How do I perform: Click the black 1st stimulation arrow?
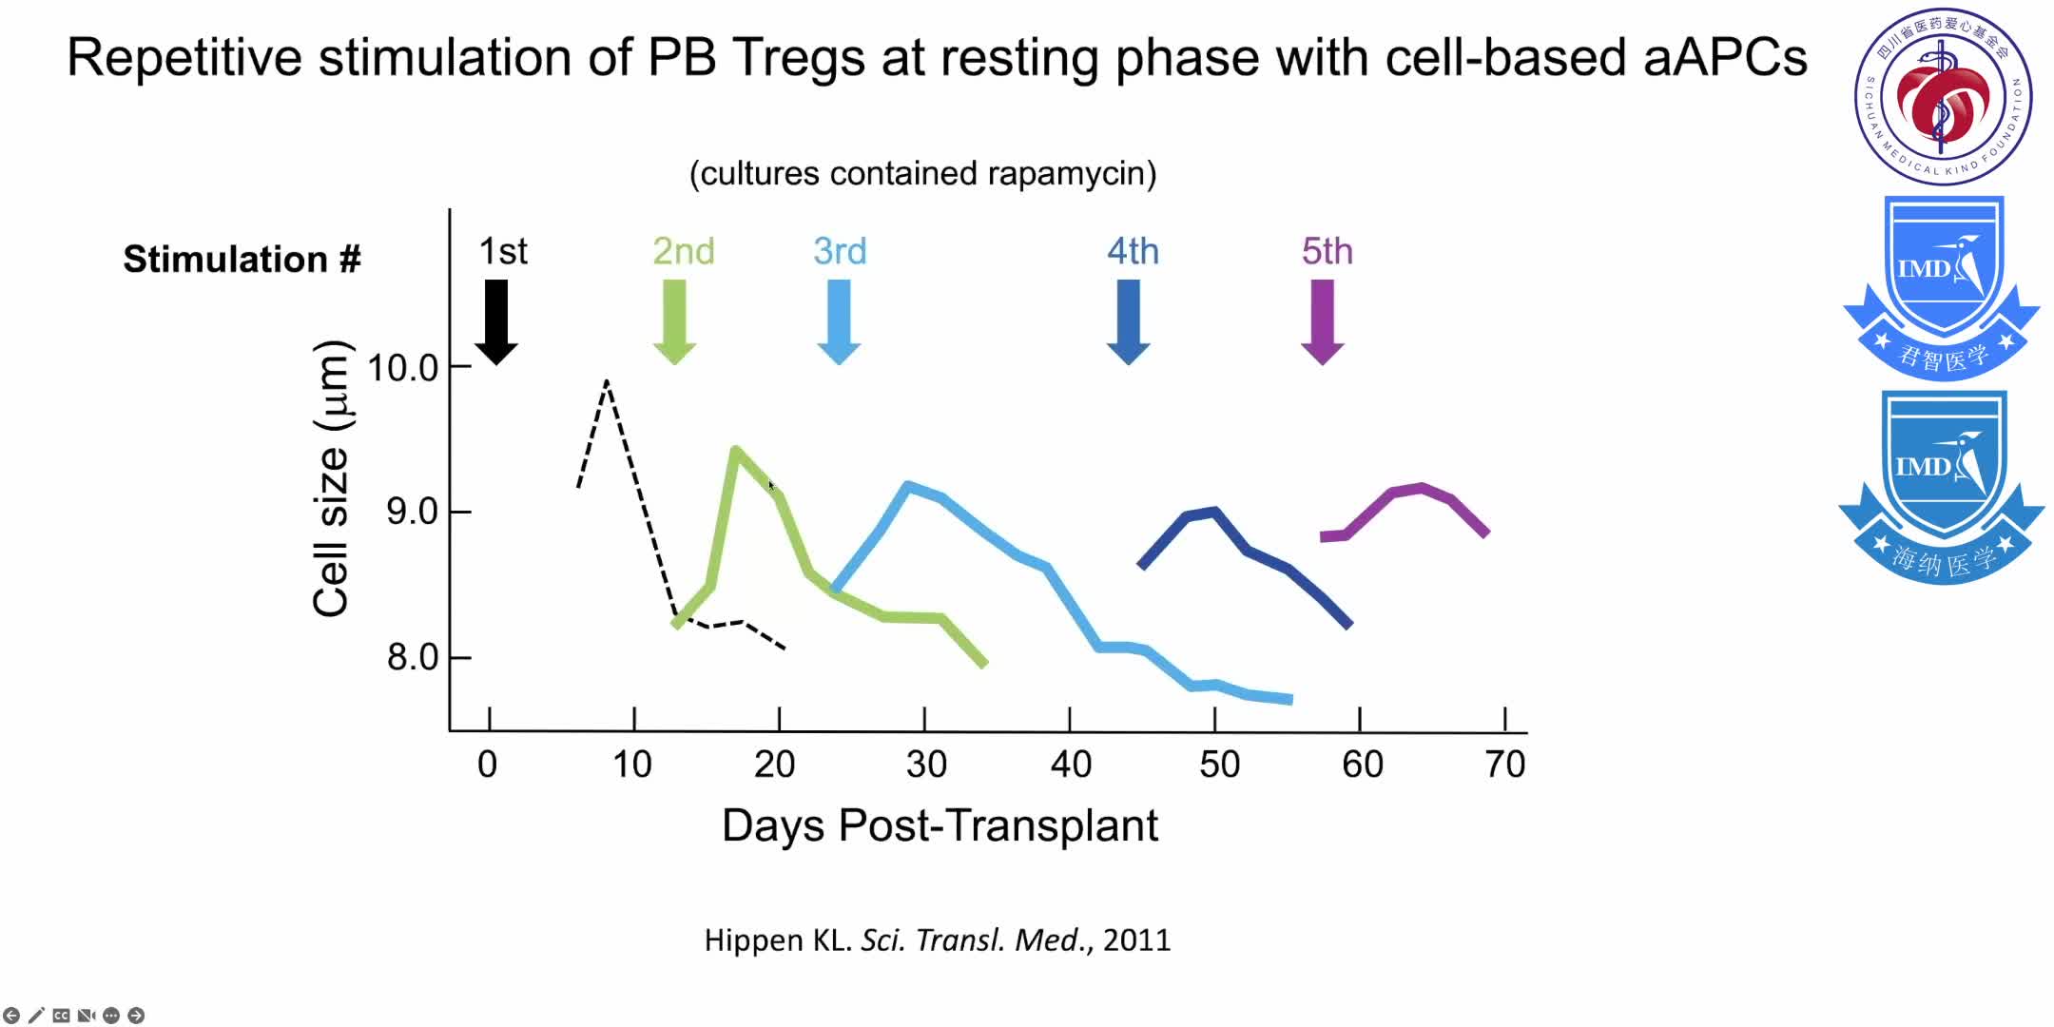pos(495,321)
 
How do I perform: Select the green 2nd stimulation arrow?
pos(674,321)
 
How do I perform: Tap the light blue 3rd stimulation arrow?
pos(839,321)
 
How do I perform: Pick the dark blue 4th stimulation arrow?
pos(1129,321)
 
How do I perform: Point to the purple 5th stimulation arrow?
pos(1322,321)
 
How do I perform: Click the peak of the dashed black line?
pos(607,382)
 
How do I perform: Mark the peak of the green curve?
pos(735,449)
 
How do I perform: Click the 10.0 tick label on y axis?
pos(402,368)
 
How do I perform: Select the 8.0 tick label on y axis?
pos(412,657)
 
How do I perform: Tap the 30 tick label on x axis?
pos(925,765)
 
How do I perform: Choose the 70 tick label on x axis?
pos(1504,765)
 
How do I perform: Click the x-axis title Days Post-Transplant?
pos(940,825)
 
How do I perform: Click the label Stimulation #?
pos(242,259)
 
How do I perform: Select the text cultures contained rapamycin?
pos(922,174)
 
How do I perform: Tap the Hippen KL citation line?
pos(937,940)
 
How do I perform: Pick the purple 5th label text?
pos(1327,251)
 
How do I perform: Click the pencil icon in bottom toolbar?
pos(36,1016)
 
